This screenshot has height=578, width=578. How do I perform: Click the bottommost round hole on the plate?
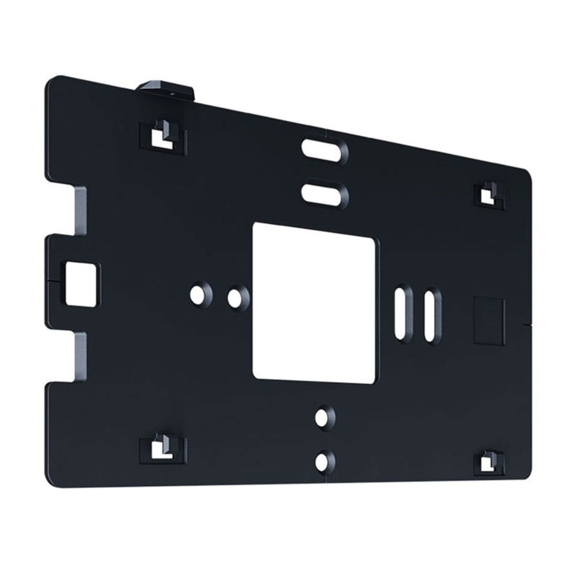(x=323, y=460)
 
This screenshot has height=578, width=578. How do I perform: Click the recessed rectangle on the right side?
(x=489, y=320)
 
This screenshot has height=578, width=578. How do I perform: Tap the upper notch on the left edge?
(x=80, y=212)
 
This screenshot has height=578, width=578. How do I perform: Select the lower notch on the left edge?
(x=80, y=356)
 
